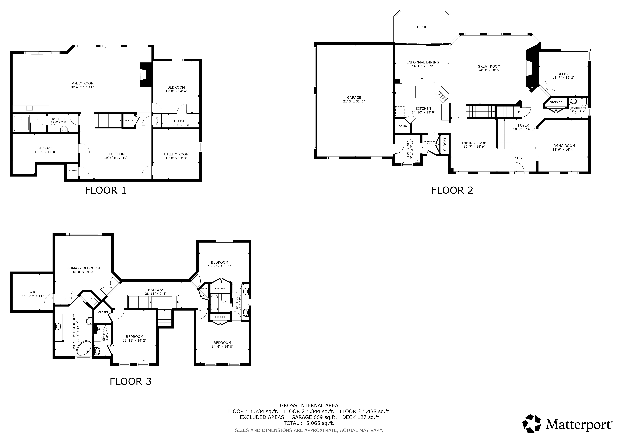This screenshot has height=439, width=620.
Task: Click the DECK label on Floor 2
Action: tap(422, 27)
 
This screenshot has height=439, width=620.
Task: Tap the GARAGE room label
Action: tap(354, 98)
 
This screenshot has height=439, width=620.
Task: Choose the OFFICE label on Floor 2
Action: tap(564, 74)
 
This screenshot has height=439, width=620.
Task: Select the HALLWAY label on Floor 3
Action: tap(156, 290)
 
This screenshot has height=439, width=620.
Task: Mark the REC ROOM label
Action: tap(116, 154)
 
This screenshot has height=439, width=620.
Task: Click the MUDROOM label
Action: tap(429, 142)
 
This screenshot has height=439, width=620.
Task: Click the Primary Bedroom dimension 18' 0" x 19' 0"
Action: tap(83, 272)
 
